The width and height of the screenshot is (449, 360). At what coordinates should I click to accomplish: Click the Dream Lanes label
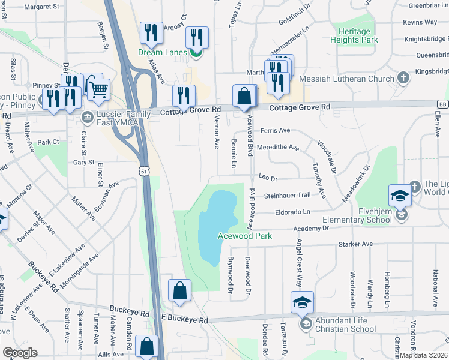pyautogui.click(x=163, y=53)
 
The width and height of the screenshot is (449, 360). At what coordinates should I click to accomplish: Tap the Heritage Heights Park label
pyautogui.click(x=358, y=35)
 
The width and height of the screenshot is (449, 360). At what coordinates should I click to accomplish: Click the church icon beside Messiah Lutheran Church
pyautogui.click(x=403, y=79)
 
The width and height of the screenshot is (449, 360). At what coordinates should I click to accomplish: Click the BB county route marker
pyautogui.click(x=442, y=104)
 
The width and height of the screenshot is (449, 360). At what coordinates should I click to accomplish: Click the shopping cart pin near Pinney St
pyautogui.click(x=98, y=90)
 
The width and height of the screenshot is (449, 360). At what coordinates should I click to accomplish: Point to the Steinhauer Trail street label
pyautogui.click(x=287, y=195)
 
